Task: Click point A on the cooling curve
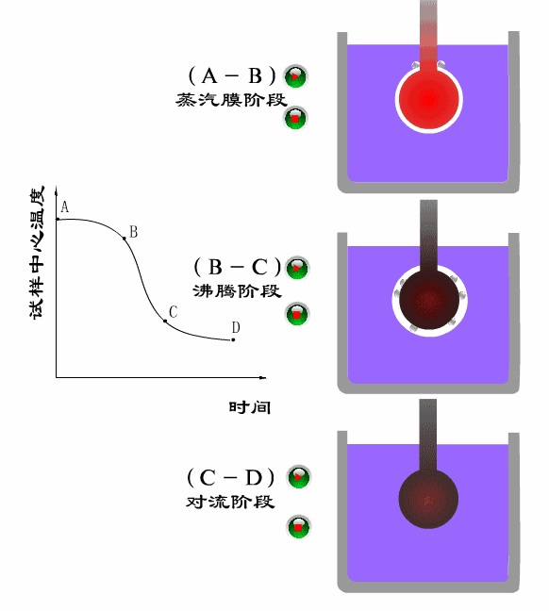(58, 219)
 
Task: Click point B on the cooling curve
(125, 239)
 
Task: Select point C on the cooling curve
(165, 322)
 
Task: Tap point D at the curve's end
(233, 339)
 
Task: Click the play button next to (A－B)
(295, 76)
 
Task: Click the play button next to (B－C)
(297, 268)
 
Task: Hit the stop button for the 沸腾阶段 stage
(297, 314)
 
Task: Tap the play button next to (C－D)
(299, 476)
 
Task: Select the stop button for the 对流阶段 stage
(299, 527)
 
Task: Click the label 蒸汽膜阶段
(231, 100)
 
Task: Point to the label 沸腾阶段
(237, 291)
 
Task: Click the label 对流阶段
(230, 502)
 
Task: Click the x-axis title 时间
(250, 407)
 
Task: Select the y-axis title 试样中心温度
(37, 253)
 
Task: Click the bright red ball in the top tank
(429, 100)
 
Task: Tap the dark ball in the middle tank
(429, 300)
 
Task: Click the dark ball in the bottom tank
(428, 499)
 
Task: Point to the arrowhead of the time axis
(263, 377)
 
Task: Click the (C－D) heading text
(231, 477)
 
